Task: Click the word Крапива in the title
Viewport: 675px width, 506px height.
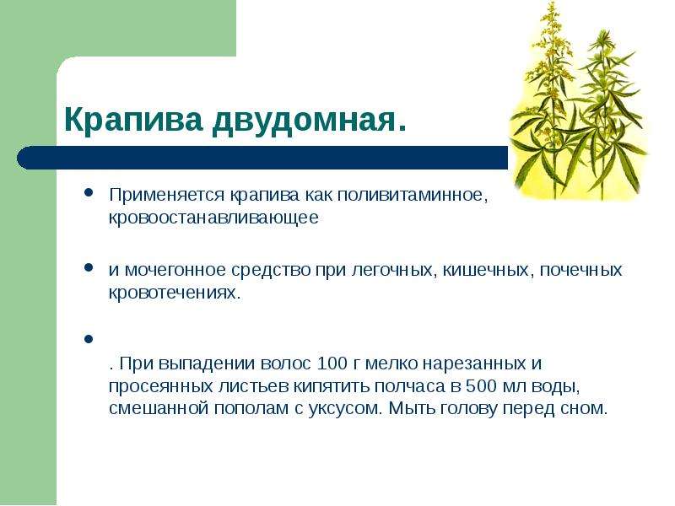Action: click(x=133, y=120)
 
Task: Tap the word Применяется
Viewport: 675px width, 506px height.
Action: click(x=166, y=196)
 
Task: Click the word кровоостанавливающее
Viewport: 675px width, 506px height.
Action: click(x=213, y=218)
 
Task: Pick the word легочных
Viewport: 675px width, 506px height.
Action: click(x=391, y=270)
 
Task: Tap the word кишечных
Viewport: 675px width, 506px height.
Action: click(x=486, y=270)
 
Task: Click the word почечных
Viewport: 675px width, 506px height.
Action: click(x=580, y=270)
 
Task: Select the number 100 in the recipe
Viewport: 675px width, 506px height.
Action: click(x=332, y=363)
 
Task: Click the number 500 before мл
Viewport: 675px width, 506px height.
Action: click(x=480, y=386)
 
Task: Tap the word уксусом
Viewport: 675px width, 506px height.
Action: click(x=344, y=409)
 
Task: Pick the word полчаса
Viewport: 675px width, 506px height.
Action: click(x=409, y=386)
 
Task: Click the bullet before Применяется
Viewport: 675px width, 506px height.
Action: click(x=89, y=192)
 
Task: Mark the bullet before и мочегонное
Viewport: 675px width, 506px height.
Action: click(x=89, y=267)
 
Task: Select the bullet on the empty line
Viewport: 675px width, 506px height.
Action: click(x=89, y=339)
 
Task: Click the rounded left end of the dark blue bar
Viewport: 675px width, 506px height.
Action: click(x=19, y=158)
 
